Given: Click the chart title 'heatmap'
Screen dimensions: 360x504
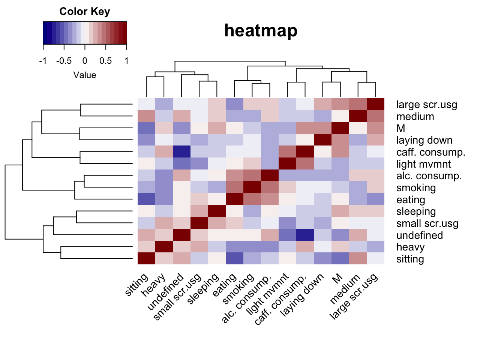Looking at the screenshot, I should (x=261, y=30).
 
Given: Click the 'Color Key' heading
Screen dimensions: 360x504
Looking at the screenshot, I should (x=85, y=12).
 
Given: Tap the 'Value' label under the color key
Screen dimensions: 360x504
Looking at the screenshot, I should (x=85, y=75).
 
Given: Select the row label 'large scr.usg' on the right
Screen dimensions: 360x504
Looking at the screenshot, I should (x=427, y=105).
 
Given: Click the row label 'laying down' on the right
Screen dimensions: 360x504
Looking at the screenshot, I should (x=424, y=140).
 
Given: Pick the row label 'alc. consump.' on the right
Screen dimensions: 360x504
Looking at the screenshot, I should (x=429, y=176).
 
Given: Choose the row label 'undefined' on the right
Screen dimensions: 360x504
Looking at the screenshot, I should (x=420, y=235).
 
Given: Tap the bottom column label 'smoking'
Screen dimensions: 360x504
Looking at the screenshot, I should (x=238, y=288).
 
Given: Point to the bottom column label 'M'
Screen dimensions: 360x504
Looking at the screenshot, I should (x=337, y=278).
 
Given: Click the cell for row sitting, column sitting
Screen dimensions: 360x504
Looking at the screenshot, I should (x=146, y=259).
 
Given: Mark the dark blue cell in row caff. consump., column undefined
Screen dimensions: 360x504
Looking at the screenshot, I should (x=181, y=152).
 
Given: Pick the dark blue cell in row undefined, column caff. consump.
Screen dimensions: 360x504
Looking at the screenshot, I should (x=305, y=235).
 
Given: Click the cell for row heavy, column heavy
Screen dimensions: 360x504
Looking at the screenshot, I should (x=164, y=247).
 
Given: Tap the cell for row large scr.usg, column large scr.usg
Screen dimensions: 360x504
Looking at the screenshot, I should (x=375, y=104).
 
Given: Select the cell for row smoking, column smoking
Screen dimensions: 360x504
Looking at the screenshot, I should (x=252, y=187).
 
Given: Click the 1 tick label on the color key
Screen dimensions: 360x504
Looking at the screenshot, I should (x=126, y=61).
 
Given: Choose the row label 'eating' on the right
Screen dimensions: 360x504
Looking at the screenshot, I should (x=411, y=200).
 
